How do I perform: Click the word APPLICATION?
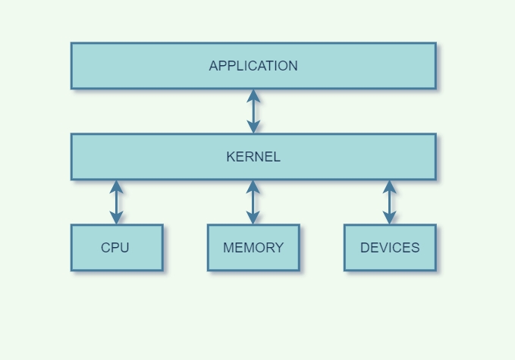(x=253, y=66)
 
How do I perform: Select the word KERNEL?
(x=253, y=157)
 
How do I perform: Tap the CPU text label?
(x=115, y=248)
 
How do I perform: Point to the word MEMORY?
(x=253, y=248)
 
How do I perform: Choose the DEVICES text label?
(x=390, y=248)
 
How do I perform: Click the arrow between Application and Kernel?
(x=253, y=111)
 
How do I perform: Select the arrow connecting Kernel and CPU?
(x=116, y=202)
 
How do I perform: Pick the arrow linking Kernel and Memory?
(x=253, y=202)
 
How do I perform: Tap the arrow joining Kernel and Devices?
(x=390, y=202)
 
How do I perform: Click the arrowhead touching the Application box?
(x=253, y=95)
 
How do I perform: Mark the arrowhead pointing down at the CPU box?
(x=116, y=218)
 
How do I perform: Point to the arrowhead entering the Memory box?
(x=253, y=218)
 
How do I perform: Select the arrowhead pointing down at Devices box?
(x=390, y=218)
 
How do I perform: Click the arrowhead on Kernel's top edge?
(x=253, y=127)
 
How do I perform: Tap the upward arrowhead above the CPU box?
(x=116, y=186)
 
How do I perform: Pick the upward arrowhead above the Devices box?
(x=390, y=186)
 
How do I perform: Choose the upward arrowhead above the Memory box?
(x=253, y=186)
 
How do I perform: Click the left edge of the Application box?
(x=71, y=66)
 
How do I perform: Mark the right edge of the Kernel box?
(x=436, y=157)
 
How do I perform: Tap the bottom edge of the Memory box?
(x=253, y=270)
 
